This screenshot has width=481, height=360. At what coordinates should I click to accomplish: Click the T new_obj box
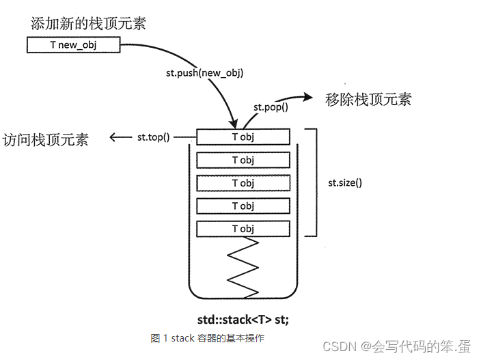pyautogui.click(x=74, y=45)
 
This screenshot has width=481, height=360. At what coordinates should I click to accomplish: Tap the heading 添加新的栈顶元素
pyautogui.click(x=88, y=23)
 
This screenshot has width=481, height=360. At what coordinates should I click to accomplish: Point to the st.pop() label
pyautogui.click(x=271, y=107)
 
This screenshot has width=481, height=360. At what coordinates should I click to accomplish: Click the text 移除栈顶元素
pyautogui.click(x=368, y=99)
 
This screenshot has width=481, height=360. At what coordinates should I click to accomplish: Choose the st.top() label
pyautogui.click(x=154, y=137)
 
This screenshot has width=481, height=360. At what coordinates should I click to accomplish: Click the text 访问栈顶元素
pyautogui.click(x=45, y=139)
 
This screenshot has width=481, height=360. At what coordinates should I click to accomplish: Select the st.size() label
pyautogui.click(x=345, y=182)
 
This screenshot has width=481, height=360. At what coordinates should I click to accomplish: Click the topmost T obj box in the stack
pyautogui.click(x=243, y=137)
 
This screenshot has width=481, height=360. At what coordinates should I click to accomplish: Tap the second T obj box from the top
pyautogui.click(x=243, y=160)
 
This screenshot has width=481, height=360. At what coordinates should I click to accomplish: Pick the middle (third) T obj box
pyautogui.click(x=243, y=183)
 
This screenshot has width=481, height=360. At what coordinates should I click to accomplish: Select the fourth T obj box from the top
pyautogui.click(x=243, y=206)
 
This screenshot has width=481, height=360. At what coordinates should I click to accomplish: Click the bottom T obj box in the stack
pyautogui.click(x=243, y=229)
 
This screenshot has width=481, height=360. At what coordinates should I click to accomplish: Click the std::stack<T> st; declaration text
pyautogui.click(x=243, y=318)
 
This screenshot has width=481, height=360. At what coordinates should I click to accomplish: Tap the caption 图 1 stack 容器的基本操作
pyautogui.click(x=208, y=338)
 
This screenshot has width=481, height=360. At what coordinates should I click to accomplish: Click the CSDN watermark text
pyautogui.click(x=397, y=346)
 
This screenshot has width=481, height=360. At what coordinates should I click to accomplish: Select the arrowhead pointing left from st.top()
pyautogui.click(x=114, y=137)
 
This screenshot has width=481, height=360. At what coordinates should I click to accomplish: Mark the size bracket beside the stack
pyautogui.click(x=315, y=182)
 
